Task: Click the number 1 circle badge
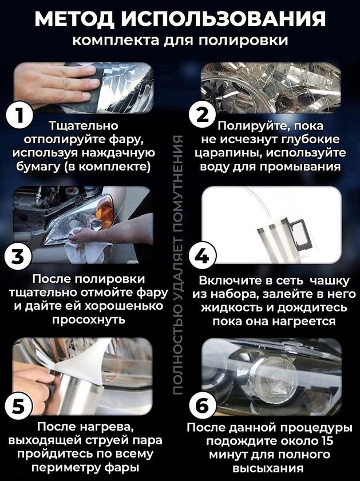[x=19, y=116]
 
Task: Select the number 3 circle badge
[x=18, y=257]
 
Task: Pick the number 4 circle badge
[x=203, y=255]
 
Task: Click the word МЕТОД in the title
[x=75, y=19]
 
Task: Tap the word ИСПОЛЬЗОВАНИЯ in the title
[x=224, y=19]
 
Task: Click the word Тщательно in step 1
[x=84, y=126]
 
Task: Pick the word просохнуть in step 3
[x=89, y=320]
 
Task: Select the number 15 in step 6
[x=326, y=441]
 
